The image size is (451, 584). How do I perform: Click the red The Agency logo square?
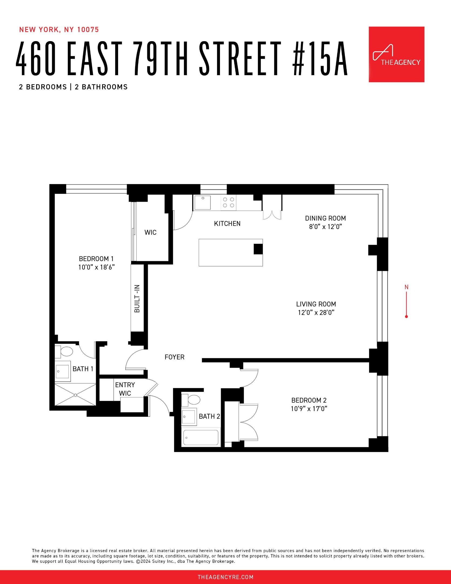[396, 54]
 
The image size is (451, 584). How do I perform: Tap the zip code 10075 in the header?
[88, 30]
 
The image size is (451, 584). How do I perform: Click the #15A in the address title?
[320, 59]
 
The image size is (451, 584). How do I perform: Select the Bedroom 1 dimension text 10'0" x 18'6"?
[96, 267]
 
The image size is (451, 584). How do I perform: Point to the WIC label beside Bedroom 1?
[150, 233]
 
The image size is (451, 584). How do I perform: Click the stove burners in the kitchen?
[228, 203]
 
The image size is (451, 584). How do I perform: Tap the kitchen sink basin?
[202, 203]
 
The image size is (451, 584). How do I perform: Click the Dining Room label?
[325, 218]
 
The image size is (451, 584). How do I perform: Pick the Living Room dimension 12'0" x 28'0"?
[316, 313]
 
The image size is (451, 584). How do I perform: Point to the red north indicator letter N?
[406, 287]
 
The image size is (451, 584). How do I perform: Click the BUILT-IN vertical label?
[137, 299]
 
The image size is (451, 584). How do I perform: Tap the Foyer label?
[175, 357]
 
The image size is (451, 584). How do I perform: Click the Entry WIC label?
[125, 389]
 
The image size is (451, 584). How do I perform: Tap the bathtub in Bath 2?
[201, 437]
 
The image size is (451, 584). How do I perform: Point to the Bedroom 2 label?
[309, 400]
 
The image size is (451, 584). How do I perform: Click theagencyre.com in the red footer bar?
[225, 577]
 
